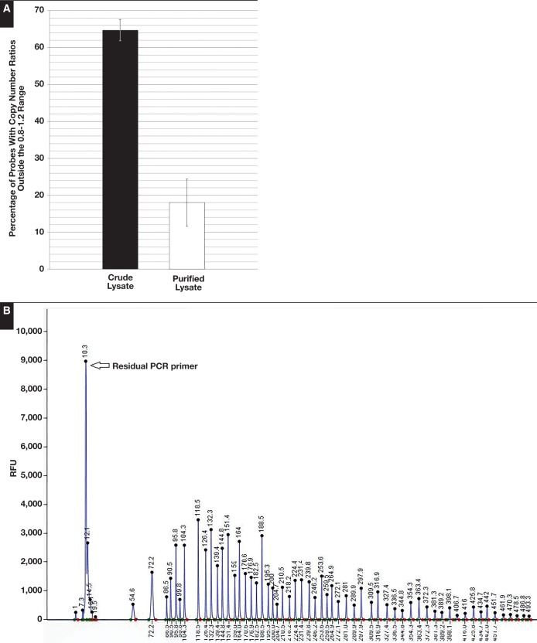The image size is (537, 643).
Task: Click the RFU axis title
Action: point(13,468)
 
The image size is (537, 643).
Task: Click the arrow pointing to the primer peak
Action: point(97,365)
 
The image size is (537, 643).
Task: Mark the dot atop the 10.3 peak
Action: point(86,361)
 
